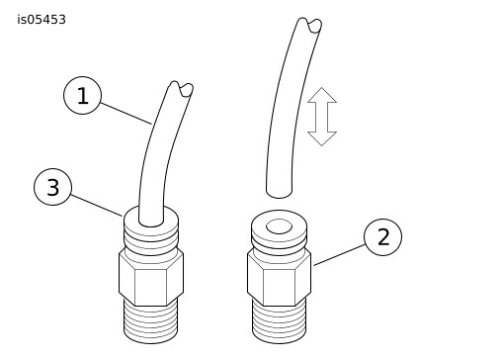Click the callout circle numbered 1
point(82,96)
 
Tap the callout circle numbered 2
point(382,236)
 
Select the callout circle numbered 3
point(52,187)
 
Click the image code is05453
point(42,20)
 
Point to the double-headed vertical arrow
point(322,117)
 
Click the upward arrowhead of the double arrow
point(322,95)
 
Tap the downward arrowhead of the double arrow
point(322,138)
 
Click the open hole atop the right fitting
point(279,226)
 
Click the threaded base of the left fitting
point(151,321)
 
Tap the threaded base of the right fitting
point(279,321)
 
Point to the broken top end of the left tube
point(182,89)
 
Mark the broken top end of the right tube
point(309,25)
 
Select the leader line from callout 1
point(126,114)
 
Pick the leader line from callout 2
point(339,255)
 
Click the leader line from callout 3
point(97,206)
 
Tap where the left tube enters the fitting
point(151,222)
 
